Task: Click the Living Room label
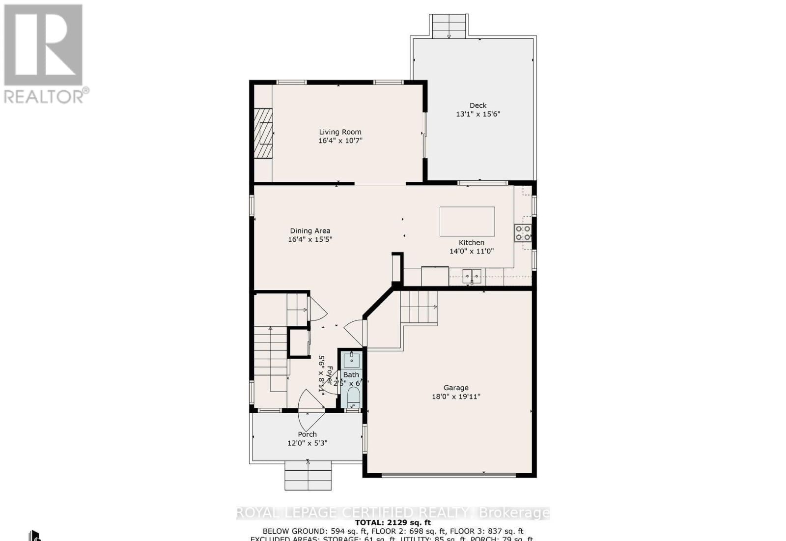[340, 132]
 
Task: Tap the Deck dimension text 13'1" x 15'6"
[478, 114]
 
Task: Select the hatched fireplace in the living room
[263, 133]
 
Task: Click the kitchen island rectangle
[467, 222]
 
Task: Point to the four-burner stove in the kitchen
[523, 233]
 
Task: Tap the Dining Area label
[310, 230]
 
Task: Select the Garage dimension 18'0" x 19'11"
[455, 397]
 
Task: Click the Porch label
[307, 434]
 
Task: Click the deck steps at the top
[449, 26]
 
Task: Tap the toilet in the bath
[353, 397]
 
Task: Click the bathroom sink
[352, 361]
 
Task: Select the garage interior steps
[418, 307]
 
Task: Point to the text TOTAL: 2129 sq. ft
[393, 522]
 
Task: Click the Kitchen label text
[471, 242]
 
